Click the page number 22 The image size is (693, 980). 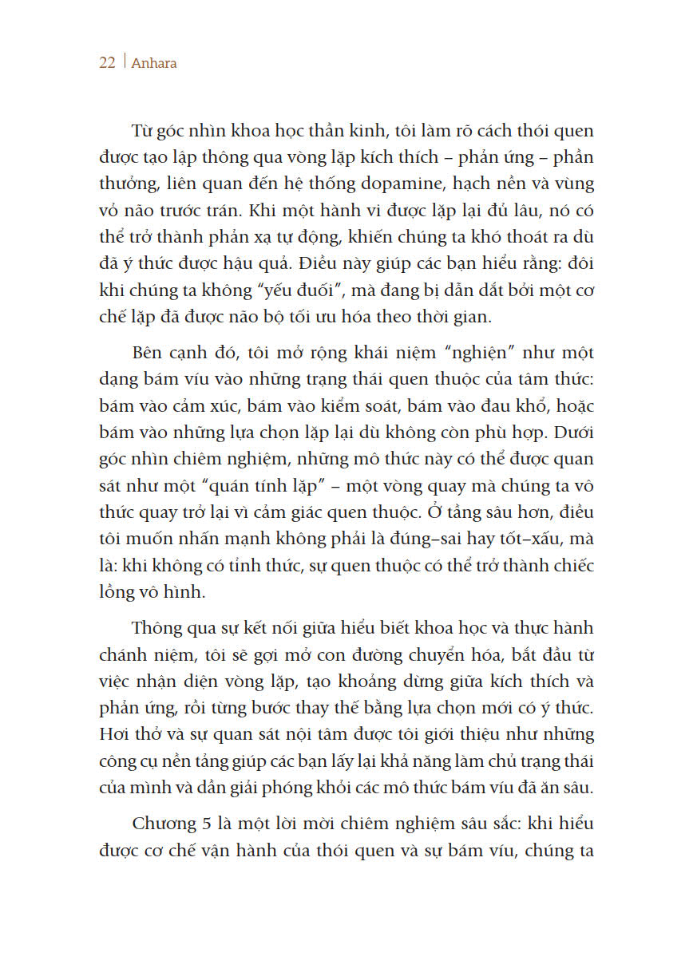coord(107,63)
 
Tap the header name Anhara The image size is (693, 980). coord(152,63)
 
